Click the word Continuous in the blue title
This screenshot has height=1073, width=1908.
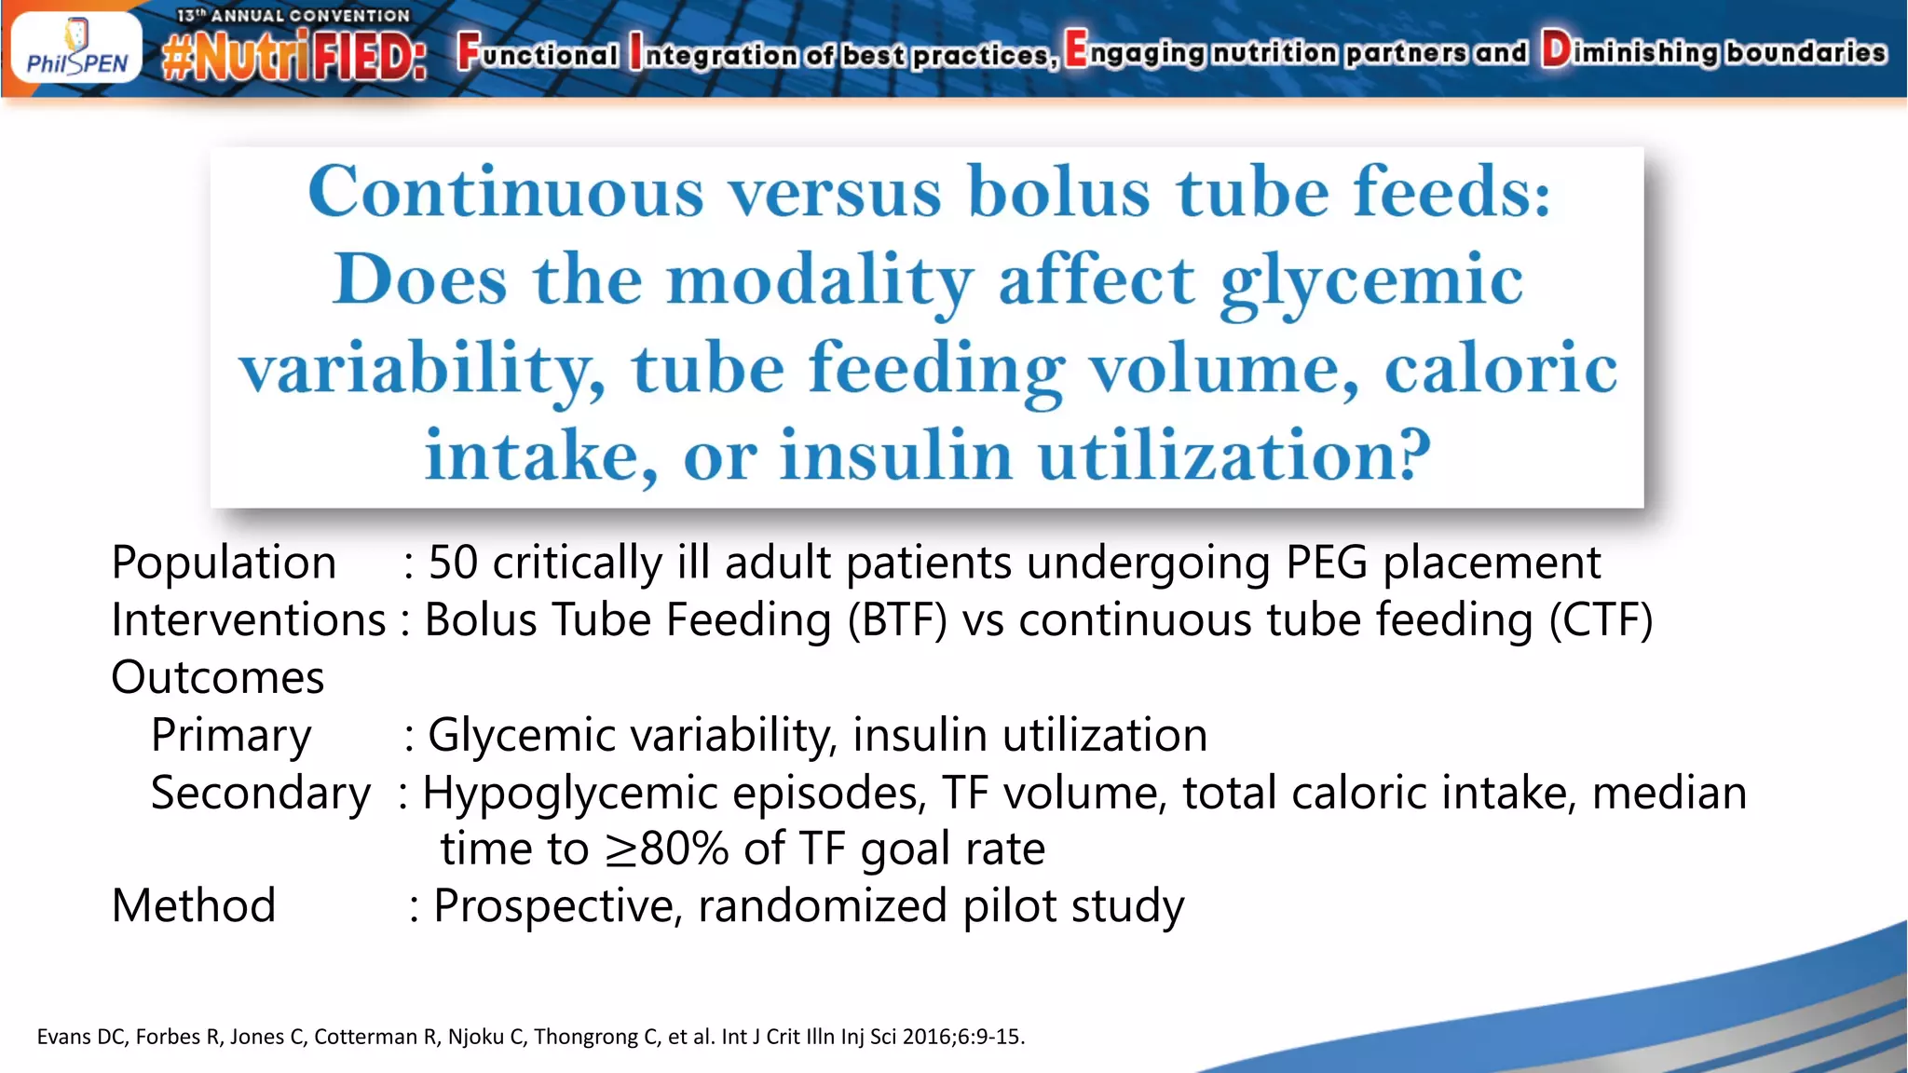click(505, 192)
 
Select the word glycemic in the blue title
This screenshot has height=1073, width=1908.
click(1371, 281)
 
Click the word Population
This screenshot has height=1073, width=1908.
click(224, 563)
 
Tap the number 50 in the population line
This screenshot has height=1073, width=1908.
click(453, 563)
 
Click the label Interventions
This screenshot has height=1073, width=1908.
click(248, 620)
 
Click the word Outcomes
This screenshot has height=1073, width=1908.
click(218, 677)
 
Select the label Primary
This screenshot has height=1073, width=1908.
click(231, 735)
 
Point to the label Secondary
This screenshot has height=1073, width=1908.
click(261, 793)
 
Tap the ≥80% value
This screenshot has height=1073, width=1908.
click(667, 849)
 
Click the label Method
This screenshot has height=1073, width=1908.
click(194, 905)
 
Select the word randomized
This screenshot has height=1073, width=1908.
click(822, 905)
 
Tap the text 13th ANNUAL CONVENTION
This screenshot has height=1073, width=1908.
click(293, 16)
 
